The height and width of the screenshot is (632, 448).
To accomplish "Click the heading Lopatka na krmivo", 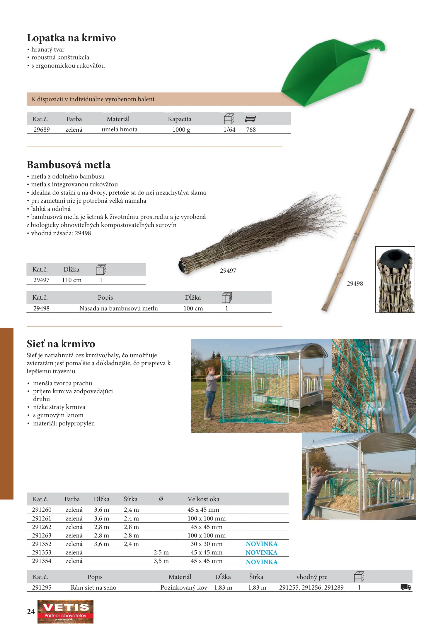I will tap(71, 38).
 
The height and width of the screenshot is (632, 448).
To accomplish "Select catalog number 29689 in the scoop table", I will tap(42, 130).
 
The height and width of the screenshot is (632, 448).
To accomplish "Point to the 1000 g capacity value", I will tap(181, 130).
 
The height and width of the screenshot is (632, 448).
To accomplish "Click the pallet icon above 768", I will tap(251, 119).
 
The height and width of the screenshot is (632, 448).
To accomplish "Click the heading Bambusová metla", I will tap(69, 165).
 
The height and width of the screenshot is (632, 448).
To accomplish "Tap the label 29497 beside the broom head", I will tap(228, 271).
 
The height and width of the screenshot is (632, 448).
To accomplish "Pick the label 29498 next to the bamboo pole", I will tap(355, 284).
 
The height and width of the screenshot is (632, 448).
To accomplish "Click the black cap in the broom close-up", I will tap(395, 257).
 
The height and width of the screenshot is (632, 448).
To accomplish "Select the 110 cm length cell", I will tap(72, 280).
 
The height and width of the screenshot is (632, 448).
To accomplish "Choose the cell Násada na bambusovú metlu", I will tap(119, 308).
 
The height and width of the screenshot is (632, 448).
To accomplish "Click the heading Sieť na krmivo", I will tap(61, 344).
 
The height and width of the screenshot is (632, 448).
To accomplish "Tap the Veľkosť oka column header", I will tap(203, 499).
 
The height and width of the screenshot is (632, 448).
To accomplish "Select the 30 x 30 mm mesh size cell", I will tap(207, 544).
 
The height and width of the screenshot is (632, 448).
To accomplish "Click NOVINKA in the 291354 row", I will tap(262, 562).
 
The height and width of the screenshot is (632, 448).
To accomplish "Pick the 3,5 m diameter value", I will tap(161, 561).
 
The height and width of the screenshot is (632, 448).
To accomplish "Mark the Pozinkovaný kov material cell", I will tap(184, 588).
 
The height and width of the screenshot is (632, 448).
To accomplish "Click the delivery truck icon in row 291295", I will tap(406, 587).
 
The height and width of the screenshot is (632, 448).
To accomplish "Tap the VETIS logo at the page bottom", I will tap(65, 611).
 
